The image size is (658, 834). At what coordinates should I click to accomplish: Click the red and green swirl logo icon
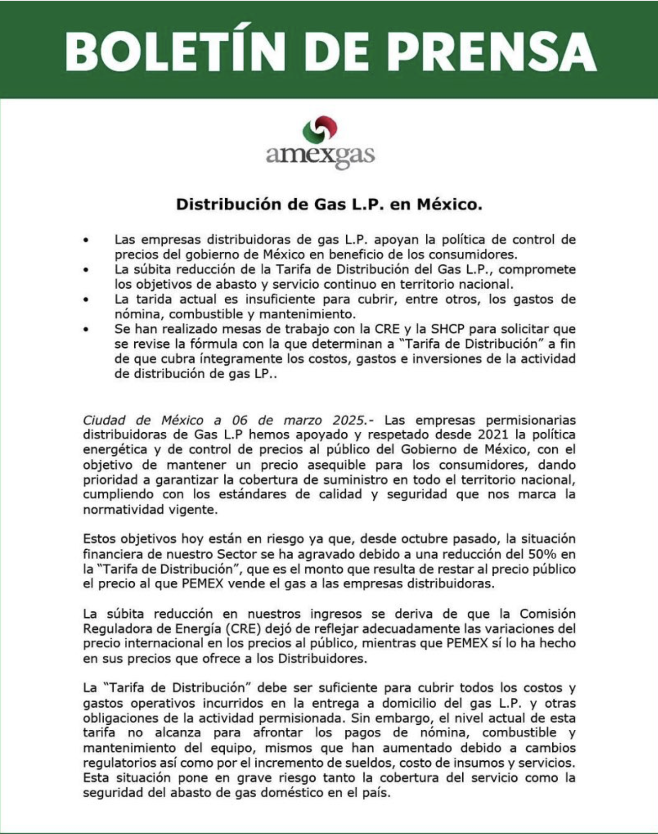pos(320,131)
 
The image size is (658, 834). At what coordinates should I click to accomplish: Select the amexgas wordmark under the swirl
pos(320,156)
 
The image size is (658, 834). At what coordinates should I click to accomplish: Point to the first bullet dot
pos(86,240)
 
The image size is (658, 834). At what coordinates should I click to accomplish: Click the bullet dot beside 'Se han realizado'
pos(86,329)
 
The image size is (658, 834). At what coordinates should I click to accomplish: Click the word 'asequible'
pos(336,465)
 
